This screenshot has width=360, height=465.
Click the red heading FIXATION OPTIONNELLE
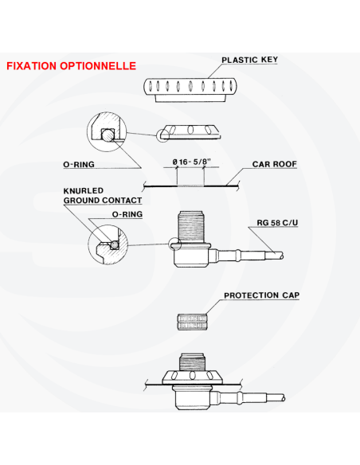click(71, 66)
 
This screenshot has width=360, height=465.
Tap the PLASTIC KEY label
click(249, 60)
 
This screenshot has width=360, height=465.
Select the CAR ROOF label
click(274, 164)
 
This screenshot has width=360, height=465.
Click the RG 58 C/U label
click(277, 222)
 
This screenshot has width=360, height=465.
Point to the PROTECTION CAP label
click(261, 295)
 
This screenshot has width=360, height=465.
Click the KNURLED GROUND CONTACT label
click(103, 195)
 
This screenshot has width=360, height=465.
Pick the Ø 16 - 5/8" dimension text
click(192, 162)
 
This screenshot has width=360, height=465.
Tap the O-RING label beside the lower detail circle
click(127, 214)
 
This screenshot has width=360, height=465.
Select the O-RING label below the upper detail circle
click(79, 164)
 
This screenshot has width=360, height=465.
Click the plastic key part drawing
click(190, 90)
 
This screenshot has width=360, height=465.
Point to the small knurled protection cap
click(192, 322)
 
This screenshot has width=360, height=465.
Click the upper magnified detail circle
click(88, 131)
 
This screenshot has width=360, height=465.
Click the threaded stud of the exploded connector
click(191, 226)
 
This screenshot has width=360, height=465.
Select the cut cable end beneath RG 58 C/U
click(274, 256)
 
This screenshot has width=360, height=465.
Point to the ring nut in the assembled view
click(192, 377)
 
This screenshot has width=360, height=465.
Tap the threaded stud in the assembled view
click(192, 361)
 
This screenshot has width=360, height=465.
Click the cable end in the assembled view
click(276, 397)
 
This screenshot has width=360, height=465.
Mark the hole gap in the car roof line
click(190, 186)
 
